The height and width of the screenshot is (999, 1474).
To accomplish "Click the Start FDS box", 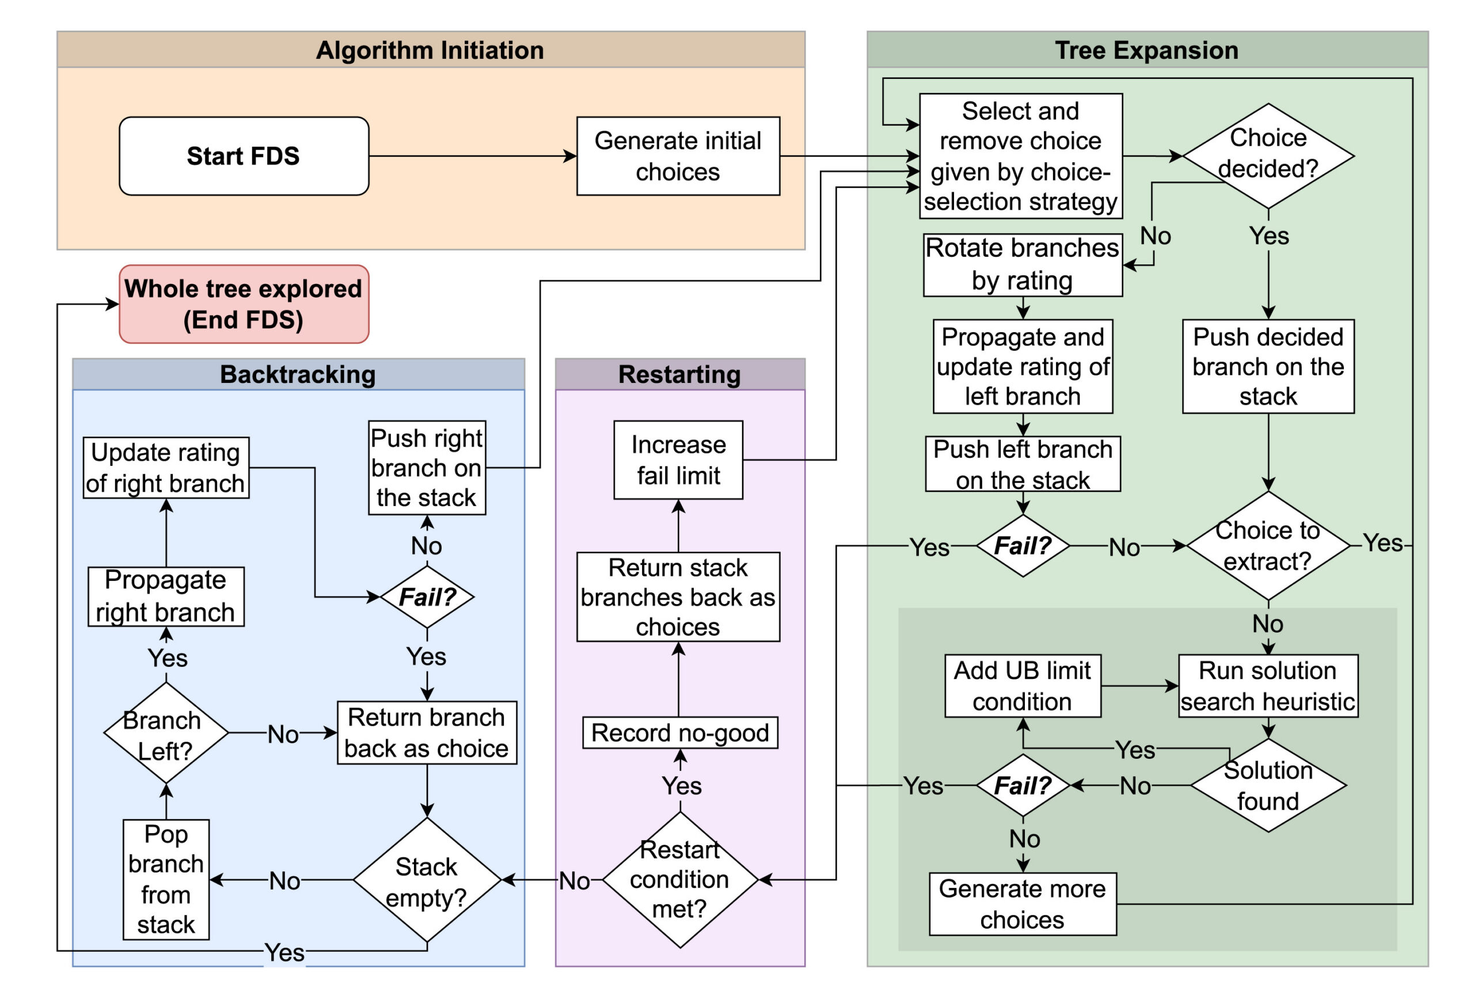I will click(x=244, y=156).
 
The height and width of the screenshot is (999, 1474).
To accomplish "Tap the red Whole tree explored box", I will click(x=244, y=304).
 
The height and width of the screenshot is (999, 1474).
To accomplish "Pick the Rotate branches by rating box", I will click(x=1022, y=264).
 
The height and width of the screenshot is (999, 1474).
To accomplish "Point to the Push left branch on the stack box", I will click(x=1022, y=464).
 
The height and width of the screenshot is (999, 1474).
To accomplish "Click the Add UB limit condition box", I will click(x=1022, y=686).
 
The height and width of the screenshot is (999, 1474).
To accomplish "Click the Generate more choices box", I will click(x=1022, y=903).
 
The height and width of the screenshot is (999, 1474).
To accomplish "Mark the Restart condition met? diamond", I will click(x=679, y=879).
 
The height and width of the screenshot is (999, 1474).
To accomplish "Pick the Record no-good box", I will click(x=679, y=732).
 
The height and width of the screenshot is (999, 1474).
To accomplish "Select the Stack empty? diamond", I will click(x=426, y=880).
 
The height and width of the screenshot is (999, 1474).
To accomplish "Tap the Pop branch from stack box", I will click(x=166, y=879).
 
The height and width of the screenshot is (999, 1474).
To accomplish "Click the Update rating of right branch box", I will click(x=166, y=468).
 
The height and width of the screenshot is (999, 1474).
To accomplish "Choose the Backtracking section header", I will click(x=298, y=374).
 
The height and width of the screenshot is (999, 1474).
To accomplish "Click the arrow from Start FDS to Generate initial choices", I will click(x=472, y=156).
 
